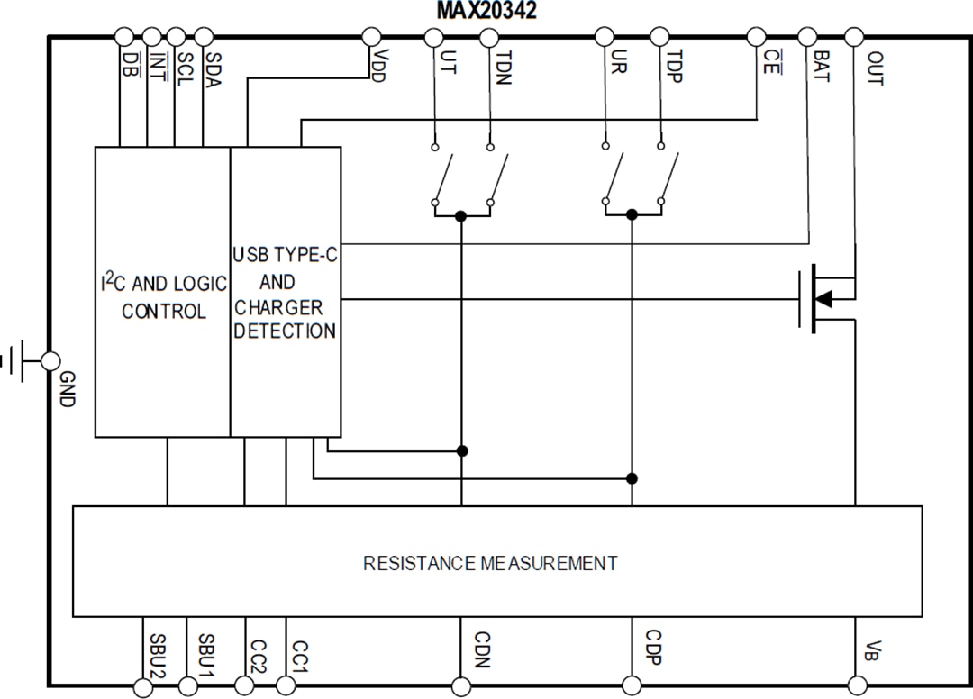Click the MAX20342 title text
pyautogui.click(x=486, y=12)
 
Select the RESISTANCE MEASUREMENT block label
pyautogui.click(x=490, y=564)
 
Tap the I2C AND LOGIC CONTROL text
pyautogui.click(x=163, y=297)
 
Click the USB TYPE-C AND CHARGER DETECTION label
pyautogui.click(x=285, y=293)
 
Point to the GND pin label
pyautogui.click(x=66, y=388)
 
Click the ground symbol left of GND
pyautogui.click(x=16, y=361)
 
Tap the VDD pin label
pyautogui.click(x=377, y=66)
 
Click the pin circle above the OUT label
pyautogui.click(x=853, y=37)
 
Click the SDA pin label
pyautogui.click(x=213, y=68)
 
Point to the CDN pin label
pyautogui.click(x=480, y=649)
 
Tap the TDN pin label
pyautogui.click(x=502, y=68)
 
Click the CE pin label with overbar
pyautogui.click(x=770, y=63)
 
